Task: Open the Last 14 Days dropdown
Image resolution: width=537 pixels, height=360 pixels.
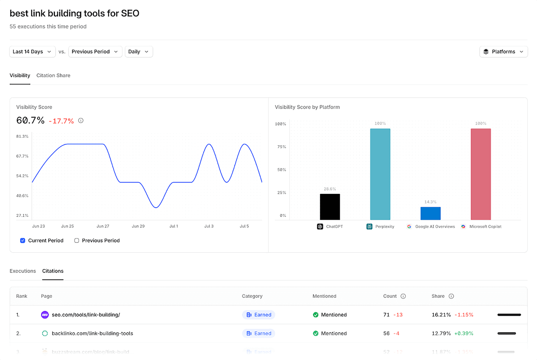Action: coord(32,51)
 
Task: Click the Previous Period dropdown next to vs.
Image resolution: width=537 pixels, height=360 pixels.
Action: coord(95,51)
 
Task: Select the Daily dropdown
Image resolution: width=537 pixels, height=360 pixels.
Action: coord(138,51)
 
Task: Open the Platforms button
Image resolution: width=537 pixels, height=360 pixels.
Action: coord(503,51)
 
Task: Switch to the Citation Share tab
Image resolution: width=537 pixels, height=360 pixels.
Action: coord(53,75)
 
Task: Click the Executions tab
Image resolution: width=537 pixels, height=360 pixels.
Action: coord(23,271)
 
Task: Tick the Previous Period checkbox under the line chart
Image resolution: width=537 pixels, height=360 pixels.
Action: coord(77,240)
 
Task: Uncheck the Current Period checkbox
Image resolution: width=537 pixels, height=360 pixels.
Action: coord(23,240)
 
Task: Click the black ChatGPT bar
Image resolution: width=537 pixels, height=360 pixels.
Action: coord(330,207)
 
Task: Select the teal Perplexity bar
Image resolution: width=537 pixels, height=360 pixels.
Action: coord(380,174)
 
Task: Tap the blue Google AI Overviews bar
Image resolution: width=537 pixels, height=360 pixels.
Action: coord(430,213)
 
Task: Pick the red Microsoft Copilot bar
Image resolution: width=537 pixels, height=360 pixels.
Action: coord(481,174)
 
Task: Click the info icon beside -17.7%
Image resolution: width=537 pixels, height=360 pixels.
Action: coord(81,121)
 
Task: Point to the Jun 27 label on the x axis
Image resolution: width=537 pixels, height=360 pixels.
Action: coord(103,226)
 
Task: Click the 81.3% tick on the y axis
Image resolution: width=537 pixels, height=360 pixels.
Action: coord(22,136)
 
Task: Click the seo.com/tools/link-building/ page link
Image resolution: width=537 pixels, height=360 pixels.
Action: coord(86,315)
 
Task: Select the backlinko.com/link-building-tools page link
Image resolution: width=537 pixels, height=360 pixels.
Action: coord(92,333)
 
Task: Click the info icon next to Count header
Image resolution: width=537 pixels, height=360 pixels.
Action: coord(403,296)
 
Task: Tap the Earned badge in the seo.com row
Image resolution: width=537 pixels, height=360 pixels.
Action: coord(259,315)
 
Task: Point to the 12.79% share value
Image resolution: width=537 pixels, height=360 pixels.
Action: coord(441,333)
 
